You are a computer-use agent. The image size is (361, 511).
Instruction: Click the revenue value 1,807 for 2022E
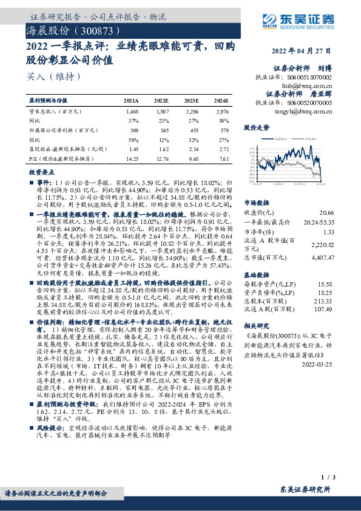[x=161, y=112]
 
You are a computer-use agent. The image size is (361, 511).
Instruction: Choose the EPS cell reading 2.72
[x=223, y=149]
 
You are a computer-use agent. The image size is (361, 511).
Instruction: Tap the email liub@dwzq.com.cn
[x=308, y=87]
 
